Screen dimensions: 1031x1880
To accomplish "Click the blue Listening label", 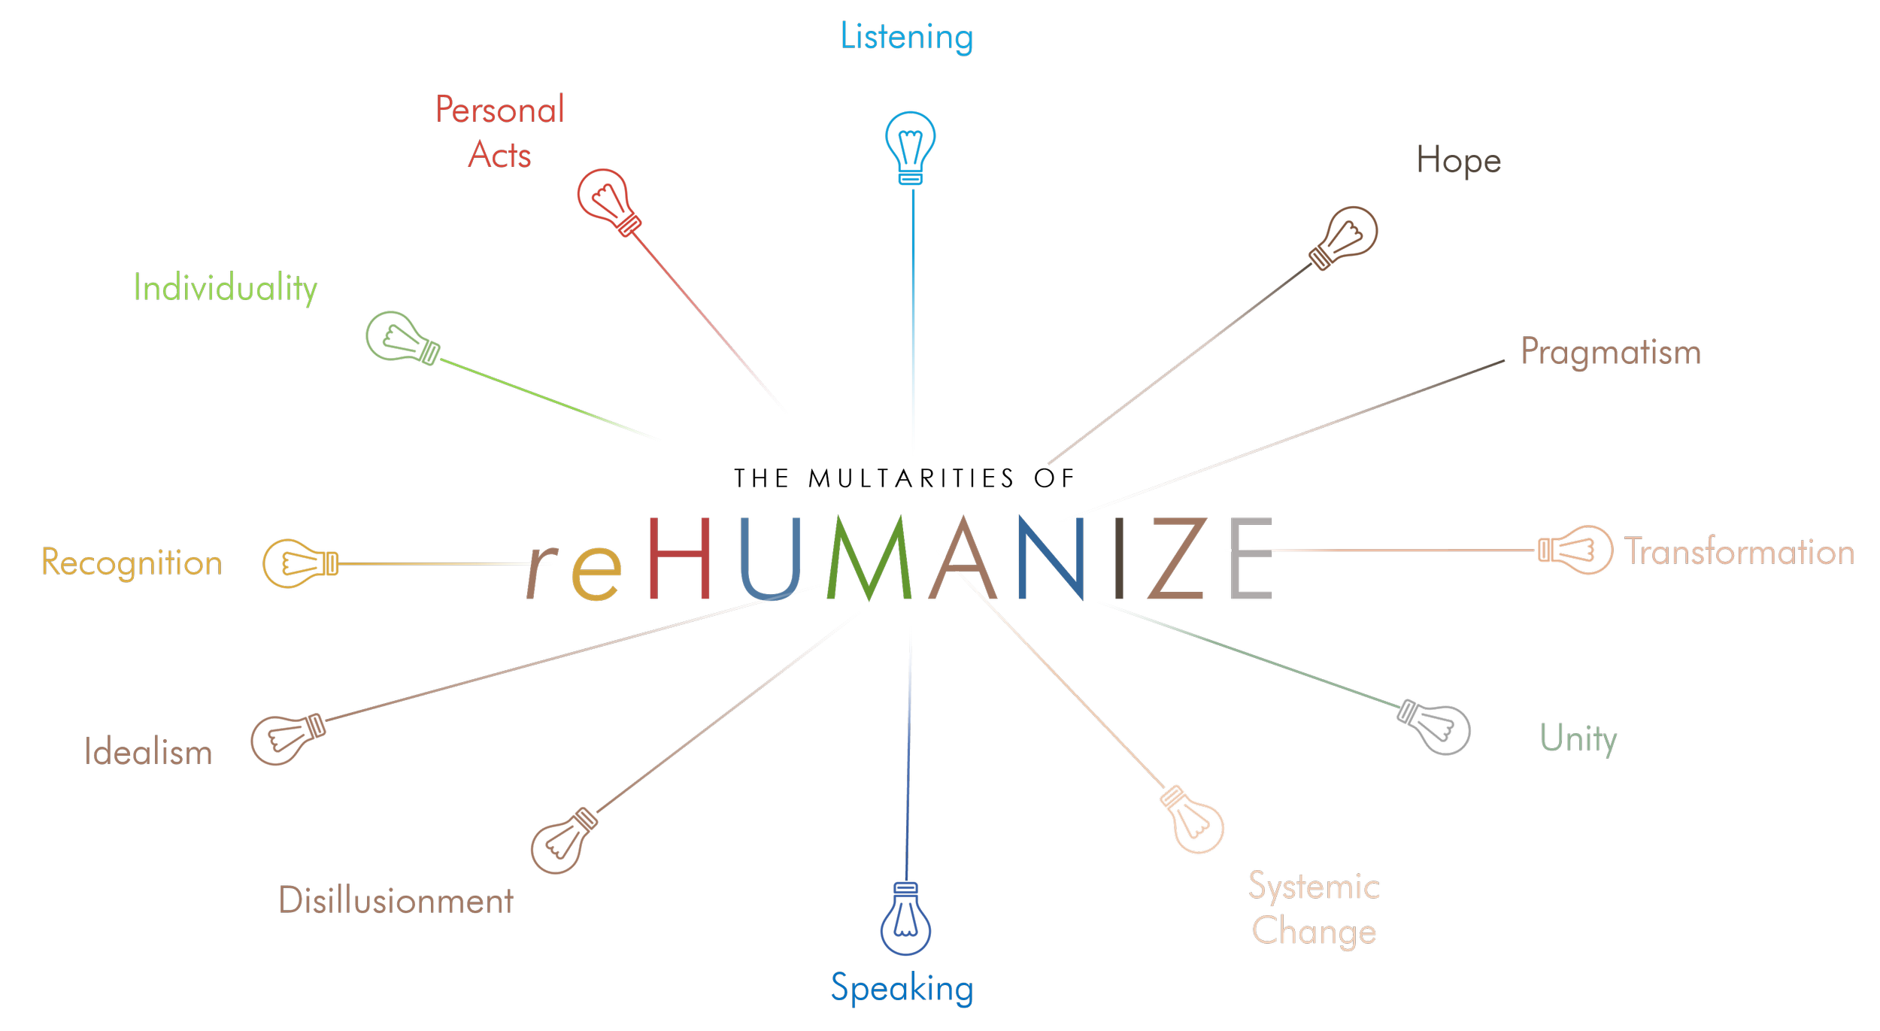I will [907, 37].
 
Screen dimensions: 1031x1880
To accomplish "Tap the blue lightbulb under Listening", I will [911, 147].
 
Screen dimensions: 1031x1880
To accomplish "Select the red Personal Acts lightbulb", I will [608, 200].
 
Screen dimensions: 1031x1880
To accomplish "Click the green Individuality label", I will [225, 288].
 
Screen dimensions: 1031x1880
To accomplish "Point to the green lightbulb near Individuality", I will [401, 338].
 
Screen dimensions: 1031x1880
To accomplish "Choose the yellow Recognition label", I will [132, 563].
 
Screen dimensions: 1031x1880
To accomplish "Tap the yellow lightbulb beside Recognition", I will [299, 563].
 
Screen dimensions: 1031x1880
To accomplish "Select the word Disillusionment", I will [396, 900].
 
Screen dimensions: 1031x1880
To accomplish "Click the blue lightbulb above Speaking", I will [906, 919].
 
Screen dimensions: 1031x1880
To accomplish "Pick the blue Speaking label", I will [902, 988].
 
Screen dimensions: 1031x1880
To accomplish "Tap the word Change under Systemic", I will [1314, 932].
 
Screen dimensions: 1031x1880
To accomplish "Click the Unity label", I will [1578, 738].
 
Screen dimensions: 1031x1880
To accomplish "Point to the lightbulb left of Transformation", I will [1575, 550].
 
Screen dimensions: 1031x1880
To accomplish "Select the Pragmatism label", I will [1611, 352].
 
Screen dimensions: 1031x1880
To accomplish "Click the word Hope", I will [1459, 161].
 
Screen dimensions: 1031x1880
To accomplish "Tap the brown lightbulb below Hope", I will [1345, 236].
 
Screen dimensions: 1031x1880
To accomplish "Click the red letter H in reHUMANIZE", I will [679, 558].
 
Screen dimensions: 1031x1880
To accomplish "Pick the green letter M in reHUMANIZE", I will [869, 558].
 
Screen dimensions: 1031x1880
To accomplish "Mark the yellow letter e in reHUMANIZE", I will [596, 573].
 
